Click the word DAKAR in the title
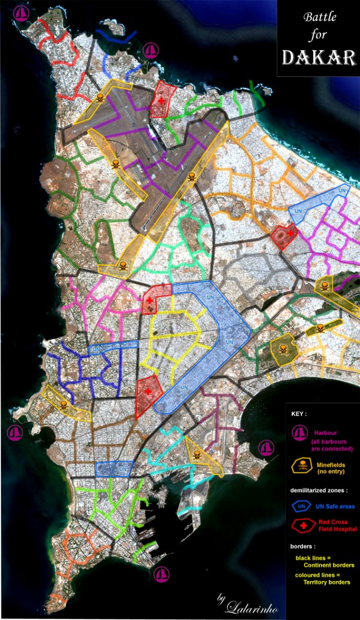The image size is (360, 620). point(318,58)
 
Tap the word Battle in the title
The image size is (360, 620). point(319,17)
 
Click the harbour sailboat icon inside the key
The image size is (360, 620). point(299,433)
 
